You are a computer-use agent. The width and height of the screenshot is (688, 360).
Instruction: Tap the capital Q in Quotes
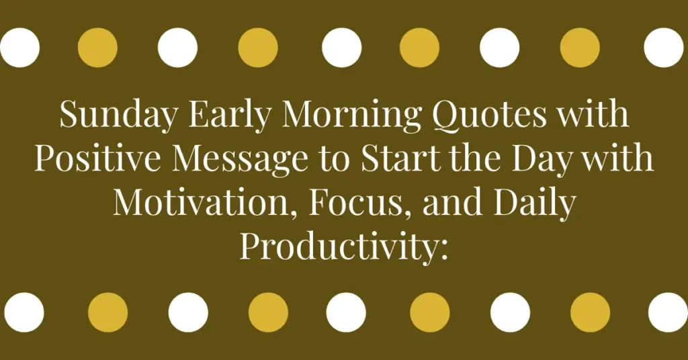(x=446, y=116)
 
